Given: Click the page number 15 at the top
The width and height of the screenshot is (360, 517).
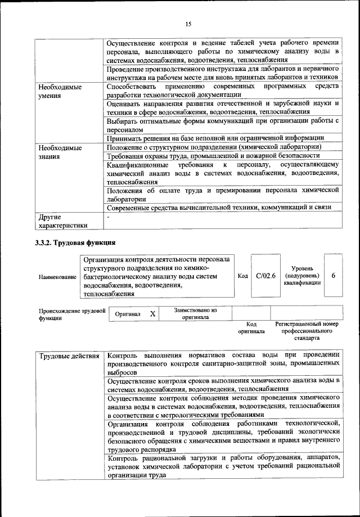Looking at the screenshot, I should click(188, 23).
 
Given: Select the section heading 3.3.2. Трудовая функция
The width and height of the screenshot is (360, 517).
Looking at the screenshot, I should click(75, 242).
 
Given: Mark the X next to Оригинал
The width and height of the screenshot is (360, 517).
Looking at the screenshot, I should click(152, 313).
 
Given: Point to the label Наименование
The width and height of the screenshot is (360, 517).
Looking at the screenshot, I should click(57, 277).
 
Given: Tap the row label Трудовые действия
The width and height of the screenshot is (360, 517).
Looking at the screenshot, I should click(70, 356).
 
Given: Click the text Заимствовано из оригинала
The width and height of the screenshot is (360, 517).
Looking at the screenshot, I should click(195, 313).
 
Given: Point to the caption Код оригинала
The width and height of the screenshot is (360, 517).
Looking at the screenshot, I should click(251, 328).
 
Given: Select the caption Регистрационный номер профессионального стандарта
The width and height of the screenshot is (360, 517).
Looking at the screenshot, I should click(307, 331).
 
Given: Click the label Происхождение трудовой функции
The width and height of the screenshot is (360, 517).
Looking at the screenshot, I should click(72, 313).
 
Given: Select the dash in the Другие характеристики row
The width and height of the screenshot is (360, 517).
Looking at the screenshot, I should click(108, 217).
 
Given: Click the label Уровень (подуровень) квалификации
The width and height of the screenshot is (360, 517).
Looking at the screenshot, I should click(307, 276).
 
